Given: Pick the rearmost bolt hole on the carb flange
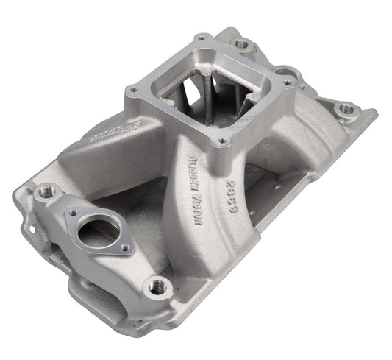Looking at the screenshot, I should click(x=200, y=38).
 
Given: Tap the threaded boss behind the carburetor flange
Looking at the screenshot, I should click(x=242, y=44).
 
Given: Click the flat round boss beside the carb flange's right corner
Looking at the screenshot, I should click(x=291, y=73).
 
